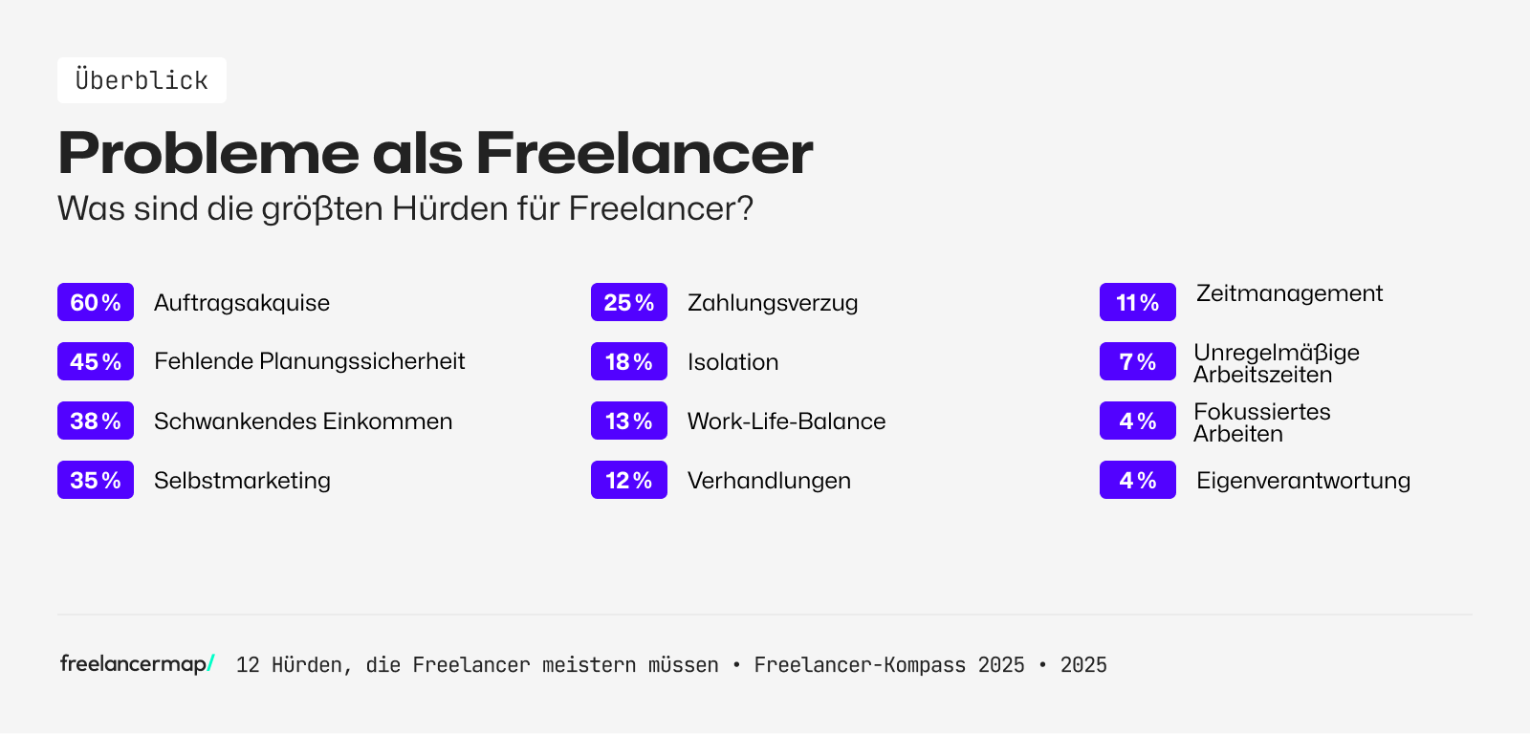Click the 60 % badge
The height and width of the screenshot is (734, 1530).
click(96, 303)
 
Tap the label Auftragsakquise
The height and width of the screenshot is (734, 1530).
click(242, 303)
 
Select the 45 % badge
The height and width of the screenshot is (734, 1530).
click(96, 362)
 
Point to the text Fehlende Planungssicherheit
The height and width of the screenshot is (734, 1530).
click(309, 361)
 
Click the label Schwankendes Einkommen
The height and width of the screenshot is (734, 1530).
click(303, 421)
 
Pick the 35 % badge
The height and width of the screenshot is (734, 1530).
click(96, 481)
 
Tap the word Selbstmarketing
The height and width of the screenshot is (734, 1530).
click(242, 481)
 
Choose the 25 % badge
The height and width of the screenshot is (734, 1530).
click(629, 303)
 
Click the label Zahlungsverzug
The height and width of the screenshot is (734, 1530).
click(773, 303)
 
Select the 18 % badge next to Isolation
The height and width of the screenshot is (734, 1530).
click(629, 362)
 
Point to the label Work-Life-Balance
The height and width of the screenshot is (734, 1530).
click(786, 421)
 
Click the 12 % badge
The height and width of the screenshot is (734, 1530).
click(629, 481)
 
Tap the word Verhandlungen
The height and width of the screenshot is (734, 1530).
click(769, 481)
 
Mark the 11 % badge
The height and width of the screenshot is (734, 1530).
click(1138, 303)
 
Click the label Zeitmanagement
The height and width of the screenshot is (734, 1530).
click(1289, 293)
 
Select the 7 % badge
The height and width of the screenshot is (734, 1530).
click(1138, 362)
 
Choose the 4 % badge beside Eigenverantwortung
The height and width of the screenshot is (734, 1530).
click(1138, 481)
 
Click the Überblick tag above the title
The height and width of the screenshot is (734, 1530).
click(142, 80)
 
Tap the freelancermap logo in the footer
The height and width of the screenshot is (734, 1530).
click(137, 663)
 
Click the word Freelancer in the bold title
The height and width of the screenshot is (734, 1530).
click(644, 153)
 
